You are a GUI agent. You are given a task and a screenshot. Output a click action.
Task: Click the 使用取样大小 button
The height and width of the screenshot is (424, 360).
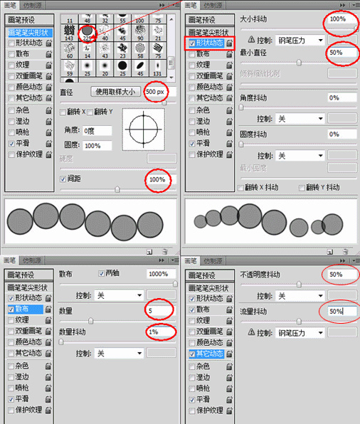115,91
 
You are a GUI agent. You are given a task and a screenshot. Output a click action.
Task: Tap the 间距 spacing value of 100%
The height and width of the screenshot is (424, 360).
157,180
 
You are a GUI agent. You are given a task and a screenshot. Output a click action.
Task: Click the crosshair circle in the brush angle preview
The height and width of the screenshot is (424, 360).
144,129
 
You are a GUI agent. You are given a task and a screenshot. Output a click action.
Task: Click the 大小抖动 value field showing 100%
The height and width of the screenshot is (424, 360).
342,18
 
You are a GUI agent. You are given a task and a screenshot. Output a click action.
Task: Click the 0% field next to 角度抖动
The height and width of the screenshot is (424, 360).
342,97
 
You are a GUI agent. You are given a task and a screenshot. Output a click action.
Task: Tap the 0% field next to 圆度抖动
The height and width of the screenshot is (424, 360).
342,134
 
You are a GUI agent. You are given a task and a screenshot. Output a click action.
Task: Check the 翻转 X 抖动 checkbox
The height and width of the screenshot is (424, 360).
241,187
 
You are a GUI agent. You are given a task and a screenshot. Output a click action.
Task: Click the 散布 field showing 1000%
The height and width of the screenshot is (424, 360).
161,274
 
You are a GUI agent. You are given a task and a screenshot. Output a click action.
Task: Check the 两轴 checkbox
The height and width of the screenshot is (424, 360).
100,274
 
